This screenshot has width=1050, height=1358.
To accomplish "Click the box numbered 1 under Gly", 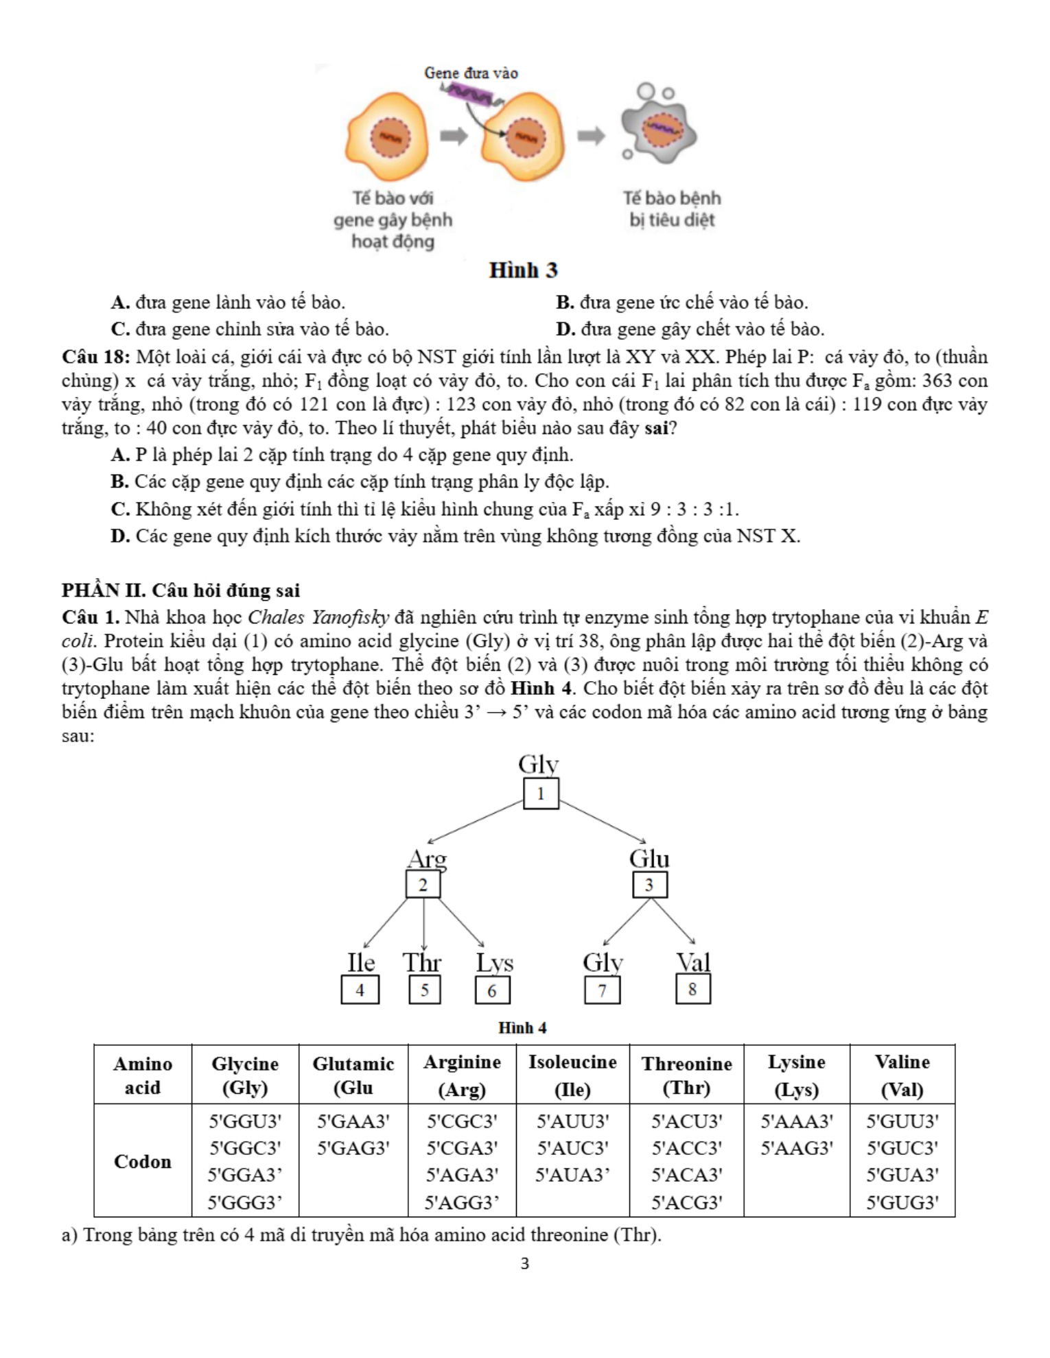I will [541, 794].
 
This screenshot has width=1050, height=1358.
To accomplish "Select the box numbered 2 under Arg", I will [423, 885].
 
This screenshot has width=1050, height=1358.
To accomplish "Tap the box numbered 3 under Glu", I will [649, 885].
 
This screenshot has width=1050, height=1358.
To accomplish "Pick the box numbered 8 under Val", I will [692, 990].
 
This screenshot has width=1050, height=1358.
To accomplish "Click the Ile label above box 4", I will [361, 962].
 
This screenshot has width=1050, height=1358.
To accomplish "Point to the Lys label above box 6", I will [495, 963].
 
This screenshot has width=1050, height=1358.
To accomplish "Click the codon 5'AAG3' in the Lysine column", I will [796, 1148].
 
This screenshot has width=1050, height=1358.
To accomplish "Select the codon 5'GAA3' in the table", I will [353, 1121].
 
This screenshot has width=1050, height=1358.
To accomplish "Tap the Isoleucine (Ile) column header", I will [572, 1075].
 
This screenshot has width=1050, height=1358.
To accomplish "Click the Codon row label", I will [143, 1161].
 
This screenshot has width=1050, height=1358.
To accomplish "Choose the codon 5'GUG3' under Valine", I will [902, 1202].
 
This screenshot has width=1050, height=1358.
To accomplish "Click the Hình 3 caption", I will [523, 270].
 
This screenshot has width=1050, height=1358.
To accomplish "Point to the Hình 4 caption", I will [522, 1027].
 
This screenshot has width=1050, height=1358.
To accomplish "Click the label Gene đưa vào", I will [471, 73].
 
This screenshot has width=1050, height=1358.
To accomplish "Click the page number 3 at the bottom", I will [525, 1263].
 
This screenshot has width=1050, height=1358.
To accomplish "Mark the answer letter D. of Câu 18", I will [120, 536].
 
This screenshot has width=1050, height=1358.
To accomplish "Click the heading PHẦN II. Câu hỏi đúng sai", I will [180, 591].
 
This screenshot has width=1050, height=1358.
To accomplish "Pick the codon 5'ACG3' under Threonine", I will [686, 1202].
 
